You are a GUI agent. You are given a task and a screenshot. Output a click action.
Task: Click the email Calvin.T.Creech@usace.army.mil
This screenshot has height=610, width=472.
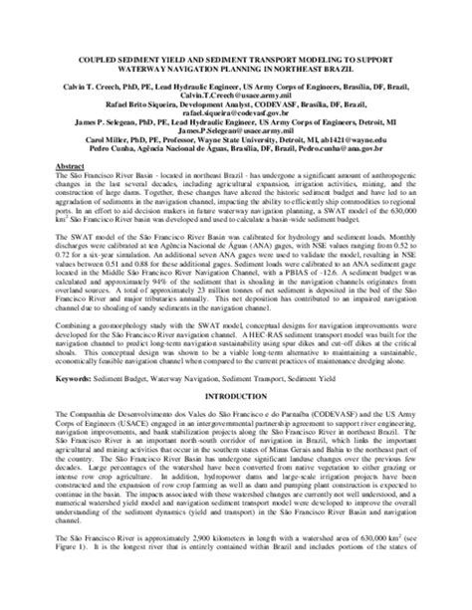[235, 94]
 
